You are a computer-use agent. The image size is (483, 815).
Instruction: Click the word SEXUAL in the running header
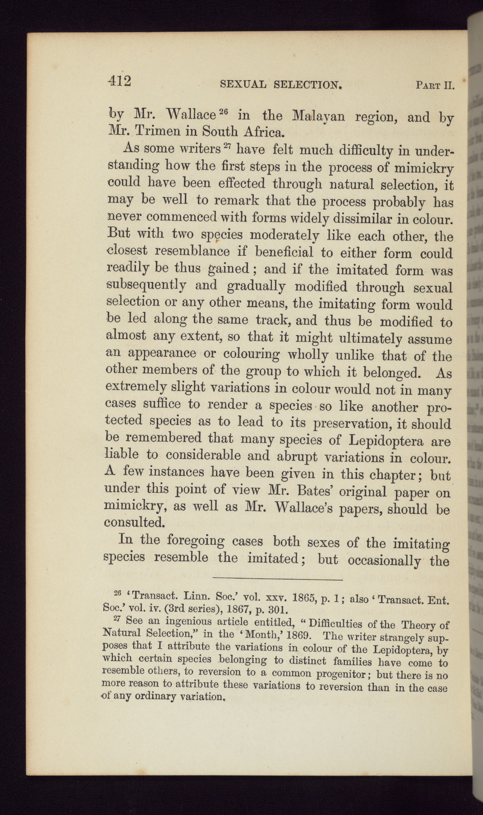point(243,84)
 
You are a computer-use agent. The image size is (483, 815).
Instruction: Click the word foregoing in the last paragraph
point(196,540)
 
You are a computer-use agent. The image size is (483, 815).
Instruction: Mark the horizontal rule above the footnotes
point(277,579)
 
